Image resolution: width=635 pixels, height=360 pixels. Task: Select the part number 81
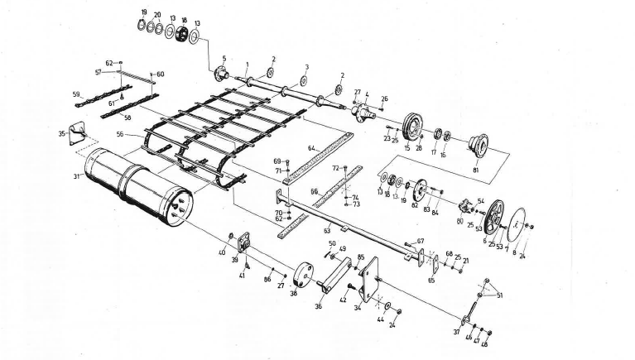[476, 170]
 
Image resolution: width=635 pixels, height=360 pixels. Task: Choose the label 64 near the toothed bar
[311, 148]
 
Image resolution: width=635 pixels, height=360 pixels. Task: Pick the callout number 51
[499, 295]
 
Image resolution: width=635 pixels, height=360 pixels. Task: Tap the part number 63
[326, 230]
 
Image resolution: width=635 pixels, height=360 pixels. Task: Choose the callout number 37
[458, 332]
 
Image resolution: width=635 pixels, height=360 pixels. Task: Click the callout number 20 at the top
[157, 14]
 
